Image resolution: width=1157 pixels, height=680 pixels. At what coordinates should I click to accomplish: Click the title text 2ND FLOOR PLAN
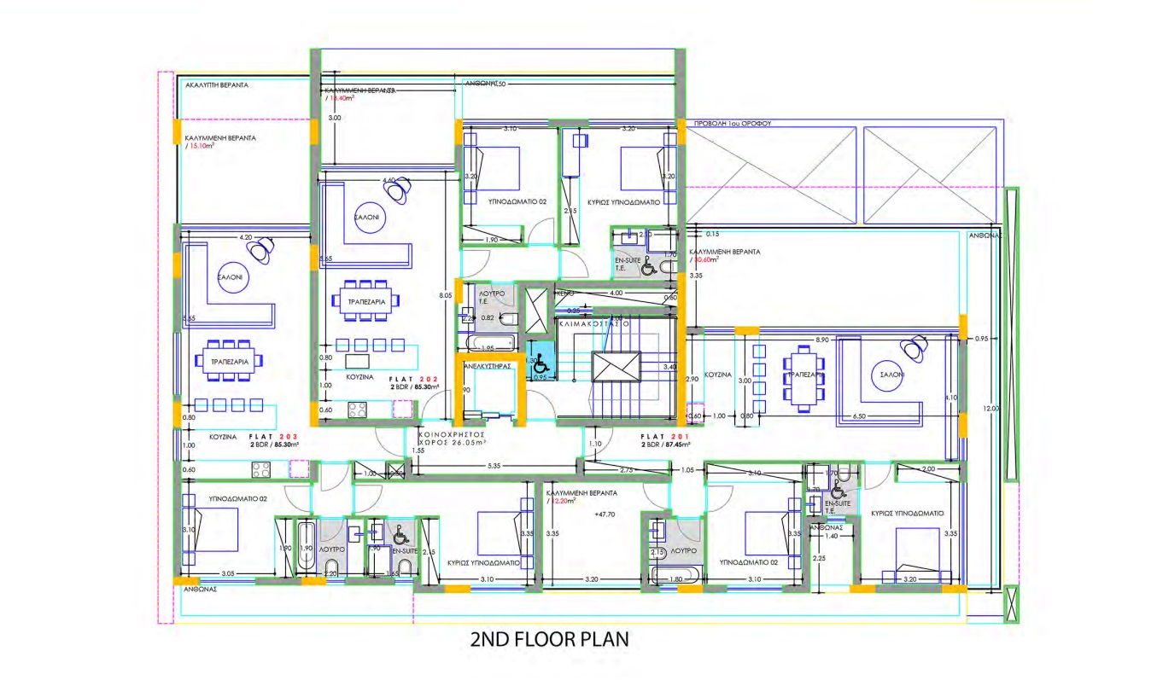click(549, 639)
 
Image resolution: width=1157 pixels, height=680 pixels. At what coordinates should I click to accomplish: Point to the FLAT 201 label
click(666, 436)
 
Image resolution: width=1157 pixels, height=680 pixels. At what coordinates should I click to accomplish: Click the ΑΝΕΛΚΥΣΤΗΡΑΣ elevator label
click(487, 365)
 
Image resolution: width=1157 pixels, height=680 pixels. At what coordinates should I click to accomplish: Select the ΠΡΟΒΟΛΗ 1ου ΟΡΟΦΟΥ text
click(733, 123)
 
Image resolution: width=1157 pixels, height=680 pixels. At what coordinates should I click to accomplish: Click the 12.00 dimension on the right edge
click(988, 409)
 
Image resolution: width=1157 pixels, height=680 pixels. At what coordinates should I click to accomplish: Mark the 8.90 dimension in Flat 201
click(822, 340)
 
